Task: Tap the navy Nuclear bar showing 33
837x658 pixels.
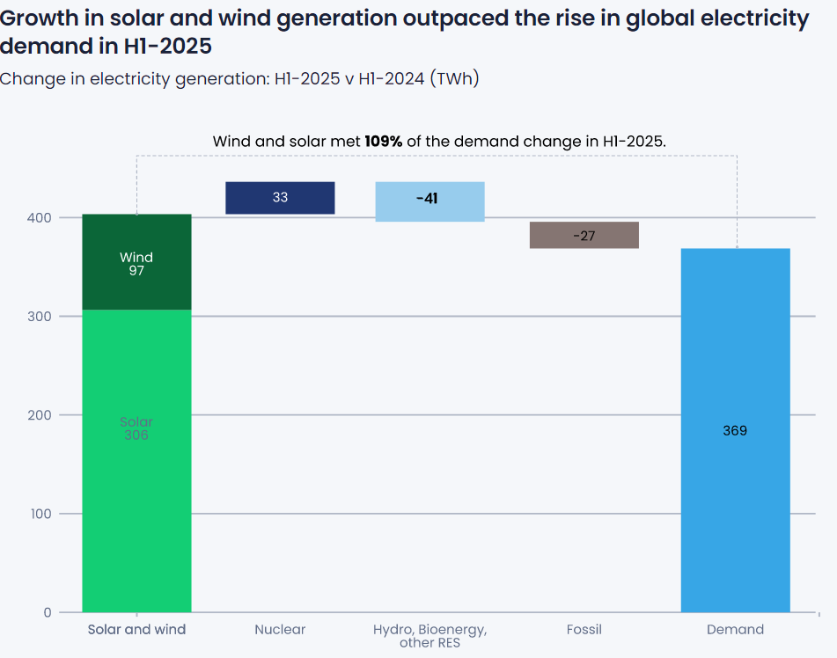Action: tap(280, 198)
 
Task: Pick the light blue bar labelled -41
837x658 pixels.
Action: tap(430, 201)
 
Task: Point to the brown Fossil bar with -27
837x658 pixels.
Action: tap(584, 235)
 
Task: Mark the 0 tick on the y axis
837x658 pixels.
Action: tap(48, 612)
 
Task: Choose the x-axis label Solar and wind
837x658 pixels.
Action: tap(136, 630)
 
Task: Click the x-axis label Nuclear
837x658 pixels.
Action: tap(280, 630)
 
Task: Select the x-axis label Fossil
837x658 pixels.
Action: tap(584, 630)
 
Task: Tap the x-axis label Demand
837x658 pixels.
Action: tap(735, 630)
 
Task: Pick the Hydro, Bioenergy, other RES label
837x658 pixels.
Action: tap(430, 636)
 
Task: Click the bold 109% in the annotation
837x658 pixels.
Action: tap(384, 141)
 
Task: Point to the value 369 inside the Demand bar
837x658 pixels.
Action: tap(735, 431)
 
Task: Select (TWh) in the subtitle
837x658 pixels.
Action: tap(453, 79)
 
